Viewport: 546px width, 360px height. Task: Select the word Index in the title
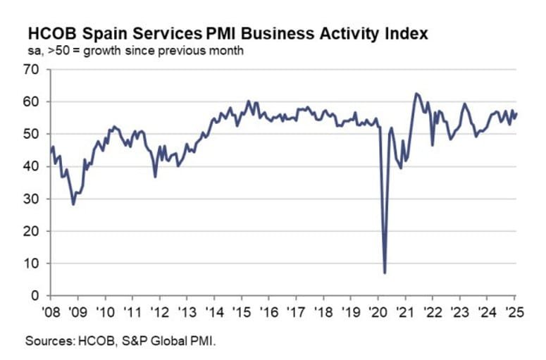(x=402, y=33)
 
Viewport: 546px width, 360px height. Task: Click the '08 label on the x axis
(x=51, y=311)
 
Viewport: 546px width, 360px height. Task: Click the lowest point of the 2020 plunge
(x=385, y=273)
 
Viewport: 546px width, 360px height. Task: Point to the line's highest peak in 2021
(x=416, y=93)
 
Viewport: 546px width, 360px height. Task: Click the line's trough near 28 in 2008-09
(x=73, y=204)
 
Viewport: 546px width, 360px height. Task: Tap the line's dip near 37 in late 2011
(x=155, y=176)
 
